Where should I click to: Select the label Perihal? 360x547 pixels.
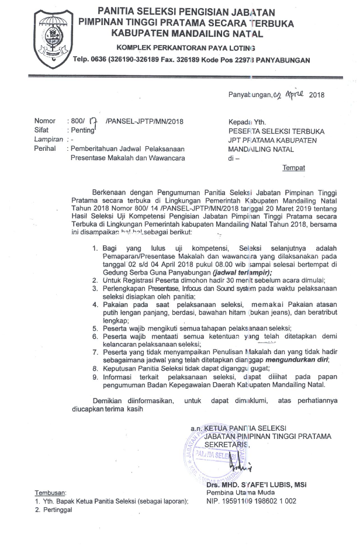tap(44, 148)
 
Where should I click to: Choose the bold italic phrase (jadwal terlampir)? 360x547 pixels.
tap(243, 272)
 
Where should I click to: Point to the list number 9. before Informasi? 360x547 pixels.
tap(95, 377)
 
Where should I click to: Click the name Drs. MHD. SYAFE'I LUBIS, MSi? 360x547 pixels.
tap(257, 485)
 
